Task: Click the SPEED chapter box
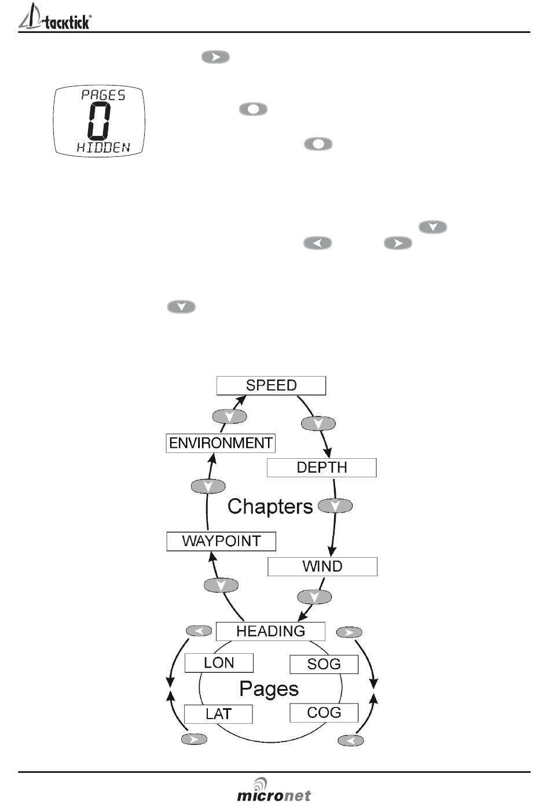[271, 385]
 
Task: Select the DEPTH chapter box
[321, 467]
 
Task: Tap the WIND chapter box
[322, 566]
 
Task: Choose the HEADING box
[270, 631]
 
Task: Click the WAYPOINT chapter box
[221, 542]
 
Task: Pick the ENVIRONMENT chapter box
[221, 443]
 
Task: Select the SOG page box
[324, 664]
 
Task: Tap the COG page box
[324, 713]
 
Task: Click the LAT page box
[218, 714]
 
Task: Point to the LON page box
[219, 663]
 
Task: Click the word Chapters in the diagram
[270, 507]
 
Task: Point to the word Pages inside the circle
[269, 689]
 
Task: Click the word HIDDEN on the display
[103, 148]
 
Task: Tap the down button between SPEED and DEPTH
[318, 423]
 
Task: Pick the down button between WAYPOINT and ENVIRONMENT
[208, 486]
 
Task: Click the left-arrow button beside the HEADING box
[199, 631]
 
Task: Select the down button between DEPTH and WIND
[336, 506]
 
